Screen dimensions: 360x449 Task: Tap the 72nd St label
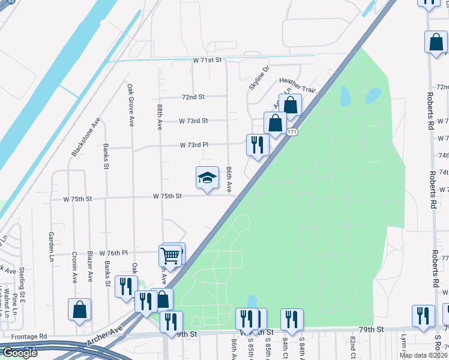193,97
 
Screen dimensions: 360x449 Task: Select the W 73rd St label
193,121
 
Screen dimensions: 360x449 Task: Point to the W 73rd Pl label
193,145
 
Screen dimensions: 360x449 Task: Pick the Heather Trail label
297,85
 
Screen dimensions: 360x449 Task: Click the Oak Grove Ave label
130,104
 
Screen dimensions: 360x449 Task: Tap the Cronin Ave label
74,267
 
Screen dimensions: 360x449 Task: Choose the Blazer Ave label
91,267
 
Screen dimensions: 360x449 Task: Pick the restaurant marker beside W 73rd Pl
257,145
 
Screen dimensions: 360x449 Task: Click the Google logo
19,353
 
